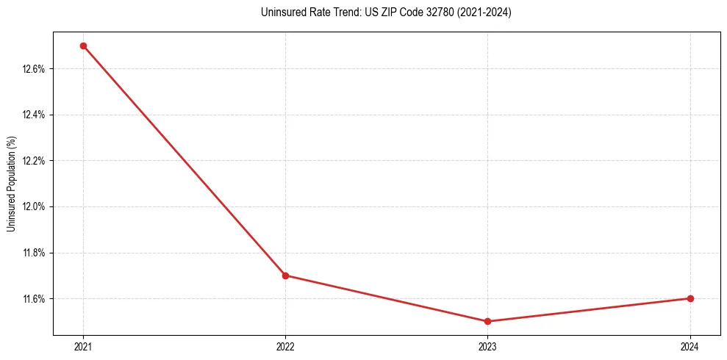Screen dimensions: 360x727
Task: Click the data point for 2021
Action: (x=83, y=46)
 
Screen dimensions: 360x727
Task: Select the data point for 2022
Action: (x=285, y=276)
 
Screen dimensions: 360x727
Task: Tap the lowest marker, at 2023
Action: (x=488, y=321)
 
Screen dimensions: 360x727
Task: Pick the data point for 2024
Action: (x=690, y=298)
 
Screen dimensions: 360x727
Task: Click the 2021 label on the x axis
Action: (x=83, y=346)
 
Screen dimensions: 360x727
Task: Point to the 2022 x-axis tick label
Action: (x=285, y=346)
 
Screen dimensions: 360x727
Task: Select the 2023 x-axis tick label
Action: (x=488, y=346)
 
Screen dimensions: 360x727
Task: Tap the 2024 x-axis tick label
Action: (x=690, y=346)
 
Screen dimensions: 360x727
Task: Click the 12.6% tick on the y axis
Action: (x=35, y=69)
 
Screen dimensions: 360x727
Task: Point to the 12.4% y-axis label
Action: (x=35, y=115)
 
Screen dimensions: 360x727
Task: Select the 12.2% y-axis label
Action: (x=35, y=161)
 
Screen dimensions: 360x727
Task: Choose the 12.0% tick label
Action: (x=35, y=206)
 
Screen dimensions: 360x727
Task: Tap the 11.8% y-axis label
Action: (x=35, y=253)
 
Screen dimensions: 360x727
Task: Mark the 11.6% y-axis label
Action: (x=35, y=299)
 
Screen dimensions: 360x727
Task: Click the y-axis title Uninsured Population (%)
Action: (x=11, y=184)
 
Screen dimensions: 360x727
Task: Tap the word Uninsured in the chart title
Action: (x=280, y=12)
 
